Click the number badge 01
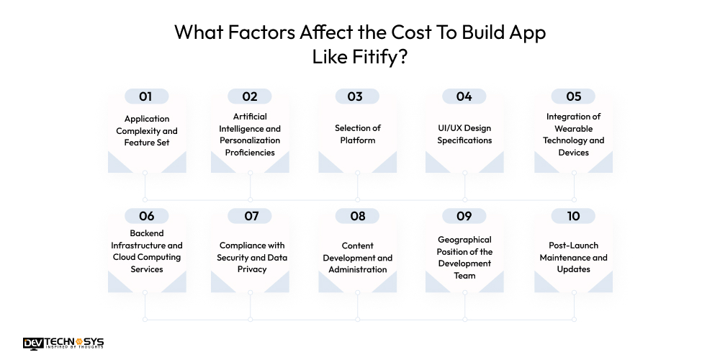click(146, 96)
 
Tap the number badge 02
click(250, 96)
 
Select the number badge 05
click(574, 96)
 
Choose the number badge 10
click(574, 216)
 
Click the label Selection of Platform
click(358, 134)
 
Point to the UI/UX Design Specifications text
click(464, 134)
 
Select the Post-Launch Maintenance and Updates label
click(574, 257)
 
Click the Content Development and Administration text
click(358, 257)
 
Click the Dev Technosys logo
click(63, 344)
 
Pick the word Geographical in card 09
click(464, 240)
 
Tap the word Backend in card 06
click(147, 233)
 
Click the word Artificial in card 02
click(250, 117)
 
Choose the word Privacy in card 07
click(251, 269)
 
